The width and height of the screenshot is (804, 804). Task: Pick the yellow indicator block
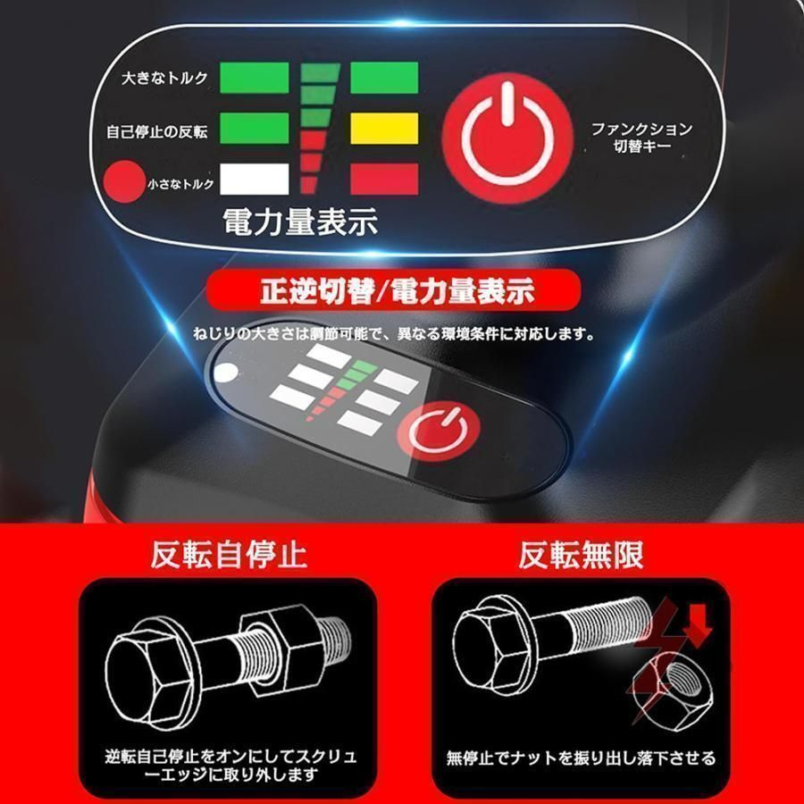pyautogui.click(x=383, y=128)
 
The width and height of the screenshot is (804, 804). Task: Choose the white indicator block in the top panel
pyautogui.click(x=254, y=177)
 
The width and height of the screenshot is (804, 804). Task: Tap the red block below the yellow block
pyautogui.click(x=383, y=177)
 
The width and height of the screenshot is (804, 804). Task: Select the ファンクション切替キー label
pyautogui.click(x=641, y=138)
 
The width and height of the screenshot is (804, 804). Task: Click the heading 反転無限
pyautogui.click(x=581, y=555)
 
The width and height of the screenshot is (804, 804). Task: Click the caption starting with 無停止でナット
pyautogui.click(x=581, y=759)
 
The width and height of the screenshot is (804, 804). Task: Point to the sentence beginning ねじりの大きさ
pyautogui.click(x=393, y=336)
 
